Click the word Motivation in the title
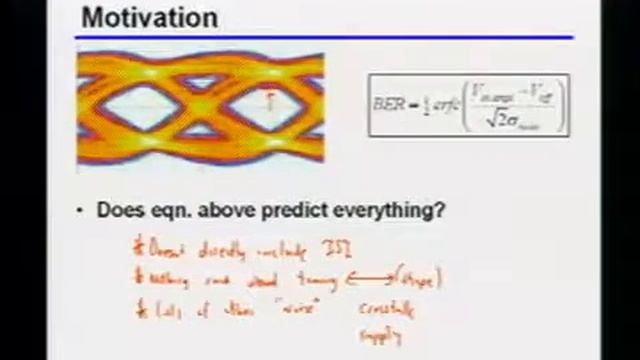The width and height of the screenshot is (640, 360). [x=149, y=17]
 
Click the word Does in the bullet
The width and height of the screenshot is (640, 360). [x=119, y=211]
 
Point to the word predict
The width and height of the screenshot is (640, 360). [x=301, y=211]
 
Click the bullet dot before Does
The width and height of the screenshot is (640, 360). [x=81, y=211]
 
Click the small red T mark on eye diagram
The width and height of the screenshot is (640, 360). [x=268, y=99]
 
